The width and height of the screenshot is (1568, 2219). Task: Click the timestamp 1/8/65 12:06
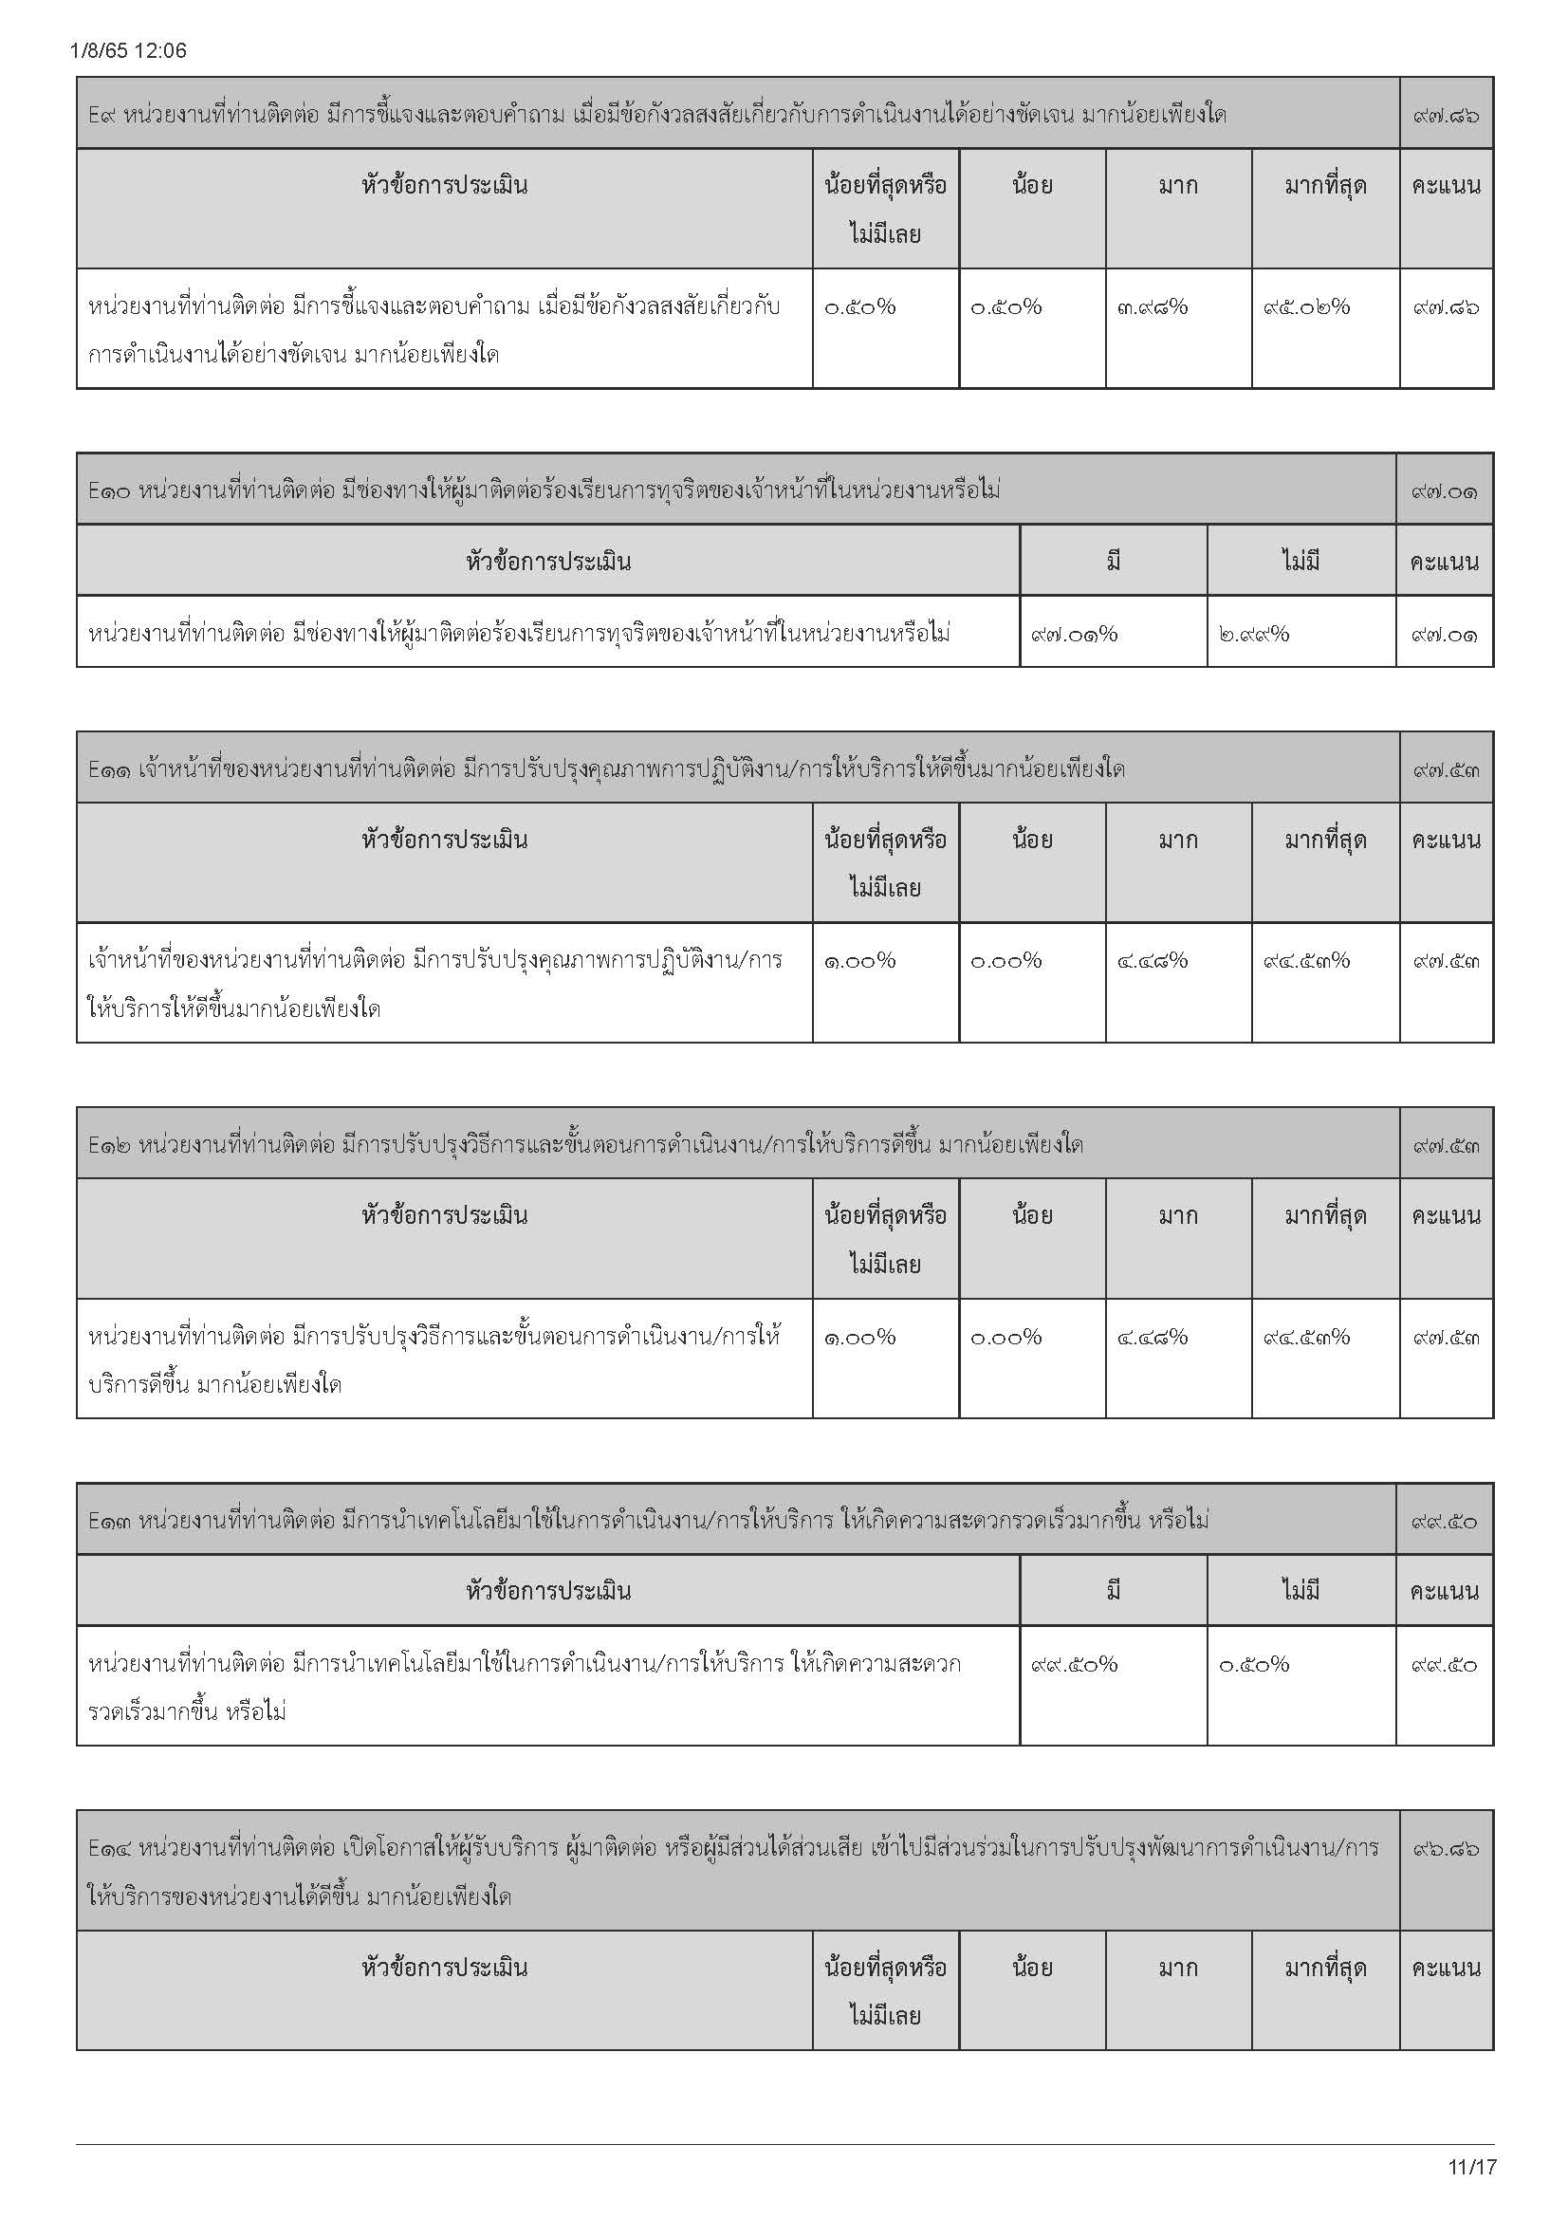tap(128, 51)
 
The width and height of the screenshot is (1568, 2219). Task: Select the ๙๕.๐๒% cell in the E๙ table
tap(1306, 307)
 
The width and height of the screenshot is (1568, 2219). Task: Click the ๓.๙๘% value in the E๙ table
tap(1152, 307)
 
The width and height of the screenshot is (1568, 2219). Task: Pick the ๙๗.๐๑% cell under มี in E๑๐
tap(1074, 634)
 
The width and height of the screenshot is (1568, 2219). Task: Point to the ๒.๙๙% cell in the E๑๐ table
tap(1253, 634)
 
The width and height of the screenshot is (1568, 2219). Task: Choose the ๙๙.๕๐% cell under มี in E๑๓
tap(1074, 1664)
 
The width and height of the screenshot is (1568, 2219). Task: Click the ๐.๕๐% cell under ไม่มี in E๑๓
tap(1253, 1664)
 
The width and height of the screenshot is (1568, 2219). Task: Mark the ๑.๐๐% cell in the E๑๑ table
tap(858, 961)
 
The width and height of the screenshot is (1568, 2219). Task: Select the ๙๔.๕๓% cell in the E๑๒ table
tap(1306, 1338)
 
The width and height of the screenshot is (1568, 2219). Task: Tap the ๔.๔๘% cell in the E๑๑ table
tap(1152, 961)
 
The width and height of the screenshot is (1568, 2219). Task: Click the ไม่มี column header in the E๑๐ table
tap(1301, 561)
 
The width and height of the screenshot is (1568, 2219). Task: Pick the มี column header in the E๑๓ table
tap(1113, 1591)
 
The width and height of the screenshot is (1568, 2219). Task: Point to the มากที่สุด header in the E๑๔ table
tap(1324, 1968)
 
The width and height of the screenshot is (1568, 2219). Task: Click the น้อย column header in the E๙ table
tap(1032, 185)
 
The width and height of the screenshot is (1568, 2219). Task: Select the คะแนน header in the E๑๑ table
tap(1446, 839)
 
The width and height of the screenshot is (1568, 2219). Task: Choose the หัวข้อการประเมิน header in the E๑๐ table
tap(547, 561)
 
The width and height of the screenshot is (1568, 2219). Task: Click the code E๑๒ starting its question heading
tap(109, 1145)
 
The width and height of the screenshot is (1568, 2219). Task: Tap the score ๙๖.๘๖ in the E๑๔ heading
tap(1446, 1849)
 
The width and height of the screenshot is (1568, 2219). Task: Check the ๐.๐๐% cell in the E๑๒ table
tap(1005, 1338)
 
